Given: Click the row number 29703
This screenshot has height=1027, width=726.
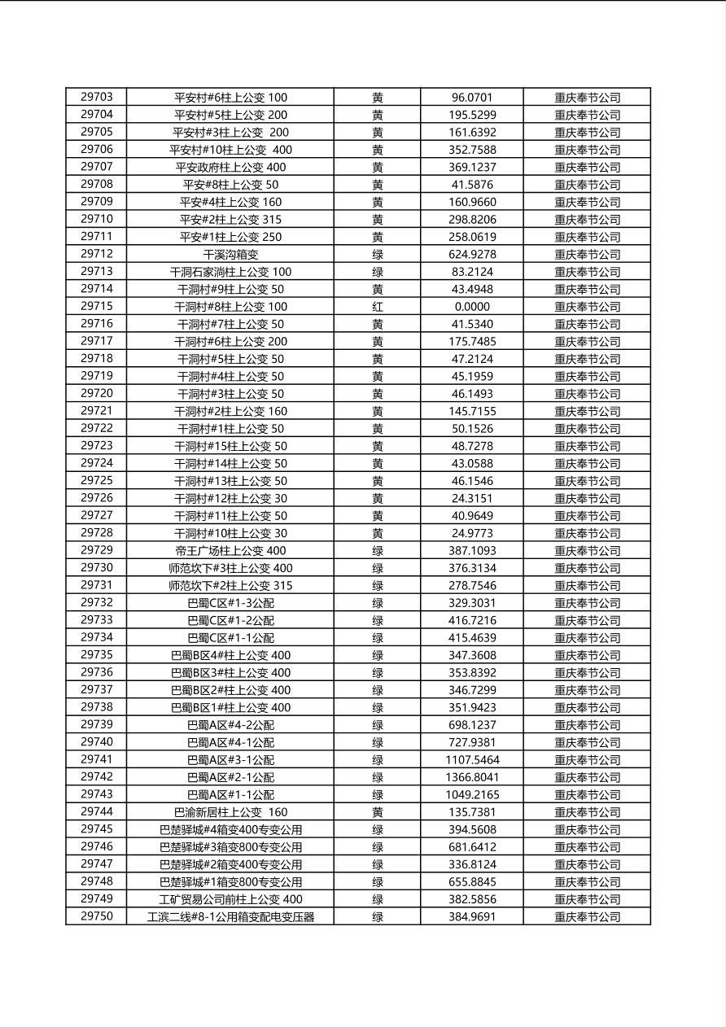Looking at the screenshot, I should point(97,97).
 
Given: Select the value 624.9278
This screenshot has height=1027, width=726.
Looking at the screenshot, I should point(472,254).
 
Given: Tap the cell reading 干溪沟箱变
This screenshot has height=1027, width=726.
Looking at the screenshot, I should point(230,254).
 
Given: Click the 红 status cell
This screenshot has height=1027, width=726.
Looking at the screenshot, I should point(378,306).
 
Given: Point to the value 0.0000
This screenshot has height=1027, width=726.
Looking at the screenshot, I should point(472,306).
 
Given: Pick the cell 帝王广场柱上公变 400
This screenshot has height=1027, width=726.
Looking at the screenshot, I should point(230,550).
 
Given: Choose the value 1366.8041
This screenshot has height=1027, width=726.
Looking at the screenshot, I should point(472,777).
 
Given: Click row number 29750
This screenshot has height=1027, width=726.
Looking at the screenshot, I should point(97,916).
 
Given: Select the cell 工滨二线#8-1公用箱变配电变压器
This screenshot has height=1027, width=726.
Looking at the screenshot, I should point(230,916).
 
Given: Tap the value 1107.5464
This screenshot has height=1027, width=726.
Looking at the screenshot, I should point(472,759).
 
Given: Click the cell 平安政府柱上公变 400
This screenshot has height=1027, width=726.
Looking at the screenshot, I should point(230,167).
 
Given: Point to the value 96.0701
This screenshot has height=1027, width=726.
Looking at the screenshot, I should point(472,97).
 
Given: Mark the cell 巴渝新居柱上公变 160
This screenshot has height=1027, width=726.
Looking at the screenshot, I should point(230,812).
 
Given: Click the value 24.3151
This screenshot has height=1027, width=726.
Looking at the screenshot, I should point(472,498).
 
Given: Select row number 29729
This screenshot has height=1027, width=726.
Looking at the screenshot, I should point(97,550).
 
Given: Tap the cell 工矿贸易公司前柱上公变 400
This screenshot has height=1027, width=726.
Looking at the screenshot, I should point(230,899).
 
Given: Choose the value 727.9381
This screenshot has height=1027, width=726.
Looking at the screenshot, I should point(472,742).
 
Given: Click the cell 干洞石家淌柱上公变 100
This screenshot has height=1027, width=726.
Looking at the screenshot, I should point(230,271).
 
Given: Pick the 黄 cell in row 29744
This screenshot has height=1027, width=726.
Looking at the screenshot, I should point(378,812).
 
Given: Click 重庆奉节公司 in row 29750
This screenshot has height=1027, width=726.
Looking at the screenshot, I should point(587,916).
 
